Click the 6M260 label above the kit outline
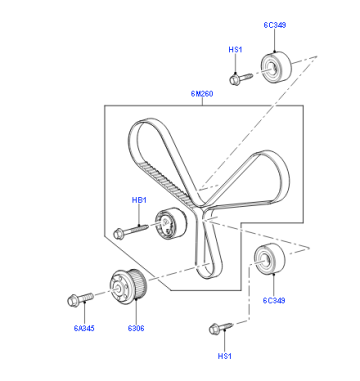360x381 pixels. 202,94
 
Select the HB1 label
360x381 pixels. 139,200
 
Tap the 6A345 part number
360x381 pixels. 84,328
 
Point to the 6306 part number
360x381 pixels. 136,328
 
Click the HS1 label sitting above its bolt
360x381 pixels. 235,50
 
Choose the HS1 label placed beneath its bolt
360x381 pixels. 225,356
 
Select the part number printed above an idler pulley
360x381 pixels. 275,25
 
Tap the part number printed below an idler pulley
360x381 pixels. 274,300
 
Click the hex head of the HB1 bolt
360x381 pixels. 119,234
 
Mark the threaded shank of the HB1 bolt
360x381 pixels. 136,229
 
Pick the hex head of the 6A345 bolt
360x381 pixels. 73,301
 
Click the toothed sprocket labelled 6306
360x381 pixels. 129,287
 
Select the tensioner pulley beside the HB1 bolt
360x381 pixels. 171,223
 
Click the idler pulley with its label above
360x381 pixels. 276,68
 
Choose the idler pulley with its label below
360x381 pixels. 270,258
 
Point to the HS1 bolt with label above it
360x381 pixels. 241,79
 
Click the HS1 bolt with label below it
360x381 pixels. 221,328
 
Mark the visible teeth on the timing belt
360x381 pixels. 165,184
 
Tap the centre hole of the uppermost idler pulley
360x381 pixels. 271,70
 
